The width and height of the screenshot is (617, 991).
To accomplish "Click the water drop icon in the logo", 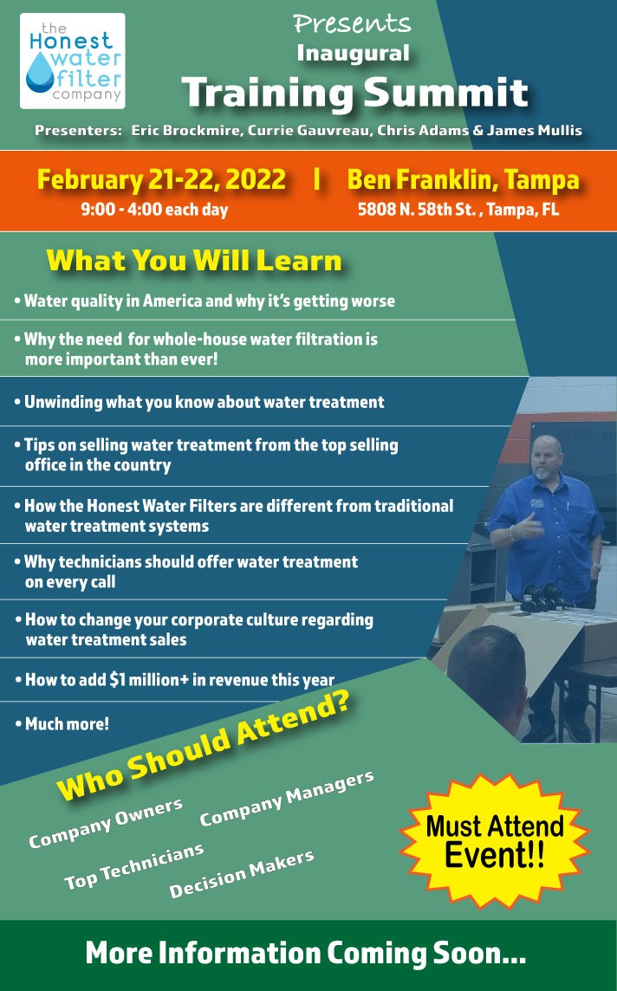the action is [x=41, y=71].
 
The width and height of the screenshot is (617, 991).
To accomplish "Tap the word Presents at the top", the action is [x=352, y=24].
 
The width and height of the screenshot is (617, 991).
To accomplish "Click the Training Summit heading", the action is [x=355, y=93].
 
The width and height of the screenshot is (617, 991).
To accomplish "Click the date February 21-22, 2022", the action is [x=162, y=179].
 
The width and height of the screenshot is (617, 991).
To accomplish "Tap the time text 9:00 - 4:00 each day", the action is [x=154, y=210].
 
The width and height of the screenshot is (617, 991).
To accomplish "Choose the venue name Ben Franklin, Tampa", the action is [x=464, y=179].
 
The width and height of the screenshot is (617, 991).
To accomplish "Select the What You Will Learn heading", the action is [x=194, y=261].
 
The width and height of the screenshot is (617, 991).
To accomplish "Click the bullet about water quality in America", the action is [x=205, y=301].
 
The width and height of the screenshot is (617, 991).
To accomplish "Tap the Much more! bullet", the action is [x=62, y=723].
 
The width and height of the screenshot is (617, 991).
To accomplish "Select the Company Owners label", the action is [x=106, y=823].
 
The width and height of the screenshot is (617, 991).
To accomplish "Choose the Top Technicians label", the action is [x=134, y=866].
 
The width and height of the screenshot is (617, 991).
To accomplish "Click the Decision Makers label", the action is [x=242, y=874].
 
